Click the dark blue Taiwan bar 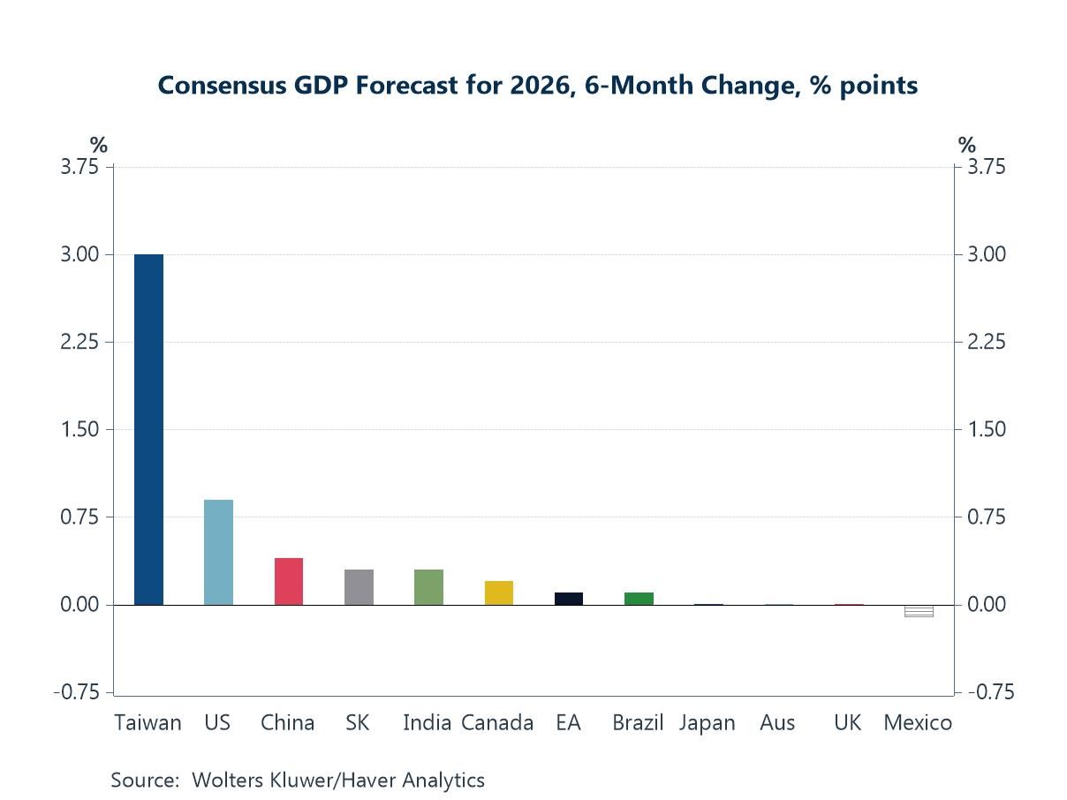pos(148,429)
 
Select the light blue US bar pos(218,552)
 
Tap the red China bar pos(289,581)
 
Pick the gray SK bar pos(359,587)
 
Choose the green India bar pos(428,587)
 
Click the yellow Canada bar pos(499,592)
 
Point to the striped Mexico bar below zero pos(919,611)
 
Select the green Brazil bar pos(639,599)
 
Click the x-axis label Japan pos(708,723)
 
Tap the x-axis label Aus pos(777,723)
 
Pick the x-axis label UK pos(847,723)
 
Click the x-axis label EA pos(568,723)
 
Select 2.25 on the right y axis pos(987,342)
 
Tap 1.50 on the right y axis pos(987,429)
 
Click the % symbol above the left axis pos(99,146)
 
